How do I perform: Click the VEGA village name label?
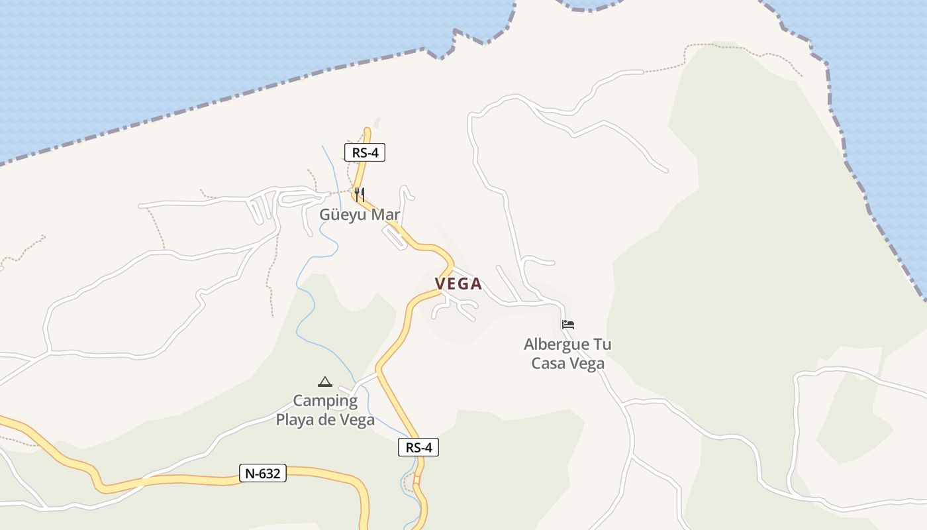pos(458,284)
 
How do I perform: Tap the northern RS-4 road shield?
pos(365,152)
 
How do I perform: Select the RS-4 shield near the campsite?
pos(418,447)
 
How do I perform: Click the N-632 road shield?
pos(263,473)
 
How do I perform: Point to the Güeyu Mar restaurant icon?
pos(360,195)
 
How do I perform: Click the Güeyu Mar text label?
pos(360,215)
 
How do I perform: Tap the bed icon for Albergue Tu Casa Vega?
pos(567,325)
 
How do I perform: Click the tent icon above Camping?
pos(324,382)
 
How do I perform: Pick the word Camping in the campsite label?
pos(325,401)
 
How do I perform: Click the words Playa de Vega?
pos(325,420)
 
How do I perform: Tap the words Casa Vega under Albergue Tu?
pos(568,363)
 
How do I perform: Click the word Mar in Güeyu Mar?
pos(385,215)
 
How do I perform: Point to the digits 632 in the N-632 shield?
pos(270,473)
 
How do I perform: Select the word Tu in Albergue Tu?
pos(603,344)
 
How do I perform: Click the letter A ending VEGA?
pos(476,284)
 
